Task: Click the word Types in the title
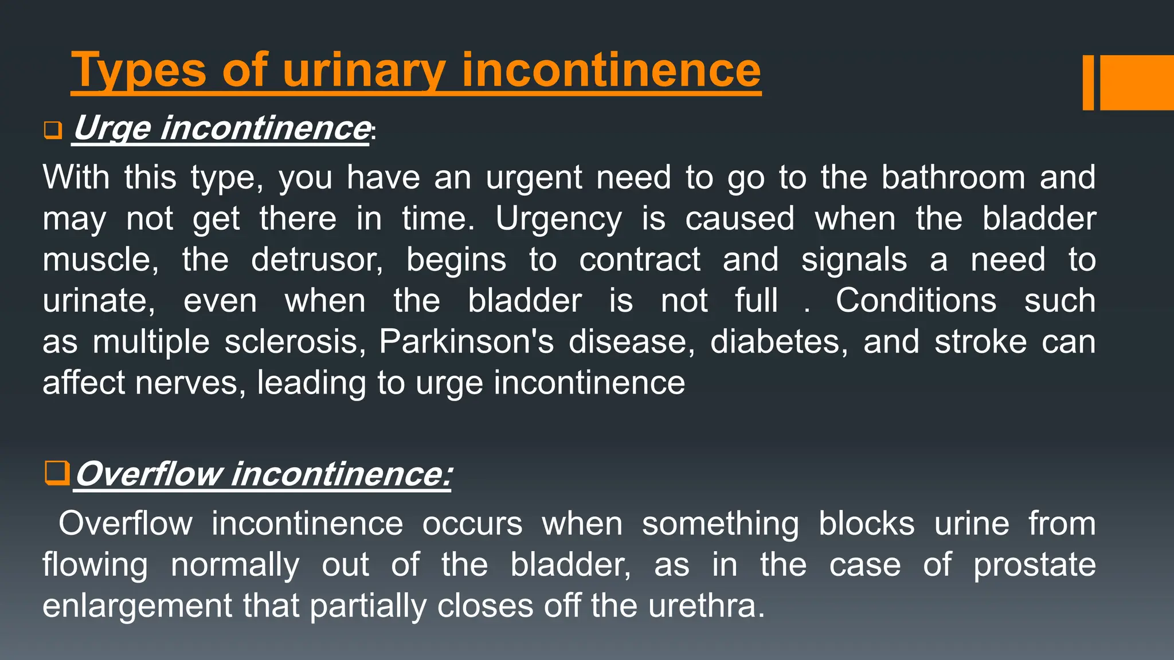pyautogui.click(x=138, y=70)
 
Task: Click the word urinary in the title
pyautogui.click(x=363, y=70)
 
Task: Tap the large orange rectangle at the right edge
pyautogui.click(x=1137, y=82)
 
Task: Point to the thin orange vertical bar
pyautogui.click(x=1088, y=82)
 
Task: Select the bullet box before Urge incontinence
pyautogui.click(x=53, y=130)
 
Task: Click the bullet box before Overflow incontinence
pyautogui.click(x=57, y=473)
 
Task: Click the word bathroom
pyautogui.click(x=953, y=177)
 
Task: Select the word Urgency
pyautogui.click(x=558, y=219)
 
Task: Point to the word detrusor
pyautogui.click(x=317, y=260)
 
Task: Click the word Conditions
pyautogui.click(x=915, y=301)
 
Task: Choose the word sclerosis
pyautogui.click(x=295, y=342)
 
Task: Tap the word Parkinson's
pyautogui.click(x=466, y=342)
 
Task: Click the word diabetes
pyautogui.click(x=778, y=342)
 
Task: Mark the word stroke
pyautogui.click(x=980, y=342)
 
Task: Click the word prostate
pyautogui.click(x=1035, y=565)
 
